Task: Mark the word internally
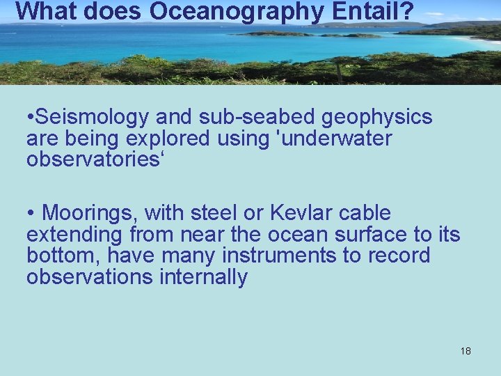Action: (x=203, y=277)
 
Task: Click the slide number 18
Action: (x=466, y=351)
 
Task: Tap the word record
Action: (x=398, y=256)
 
